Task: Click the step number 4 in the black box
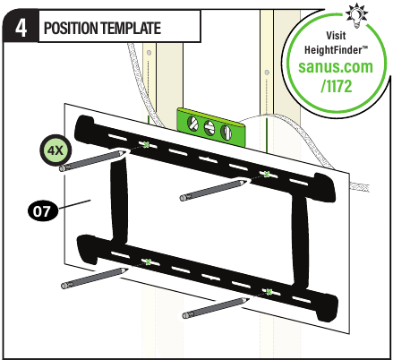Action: click(21, 29)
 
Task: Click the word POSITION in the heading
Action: click(71, 28)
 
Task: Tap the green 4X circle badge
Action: click(56, 150)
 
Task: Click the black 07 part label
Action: click(42, 211)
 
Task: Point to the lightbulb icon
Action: click(356, 14)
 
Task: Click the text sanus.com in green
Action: click(336, 66)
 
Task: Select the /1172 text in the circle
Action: click(337, 86)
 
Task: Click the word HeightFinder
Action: click(336, 50)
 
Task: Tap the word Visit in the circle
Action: click(336, 36)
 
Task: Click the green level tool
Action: click(211, 127)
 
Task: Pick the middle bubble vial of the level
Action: click(209, 127)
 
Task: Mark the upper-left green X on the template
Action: click(146, 145)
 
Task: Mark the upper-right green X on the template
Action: click(267, 175)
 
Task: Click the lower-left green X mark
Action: click(149, 262)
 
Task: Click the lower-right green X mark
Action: click(269, 292)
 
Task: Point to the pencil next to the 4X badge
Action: click(91, 161)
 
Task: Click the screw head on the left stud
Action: click(149, 53)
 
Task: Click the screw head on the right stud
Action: click(267, 73)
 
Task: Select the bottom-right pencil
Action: click(216, 308)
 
